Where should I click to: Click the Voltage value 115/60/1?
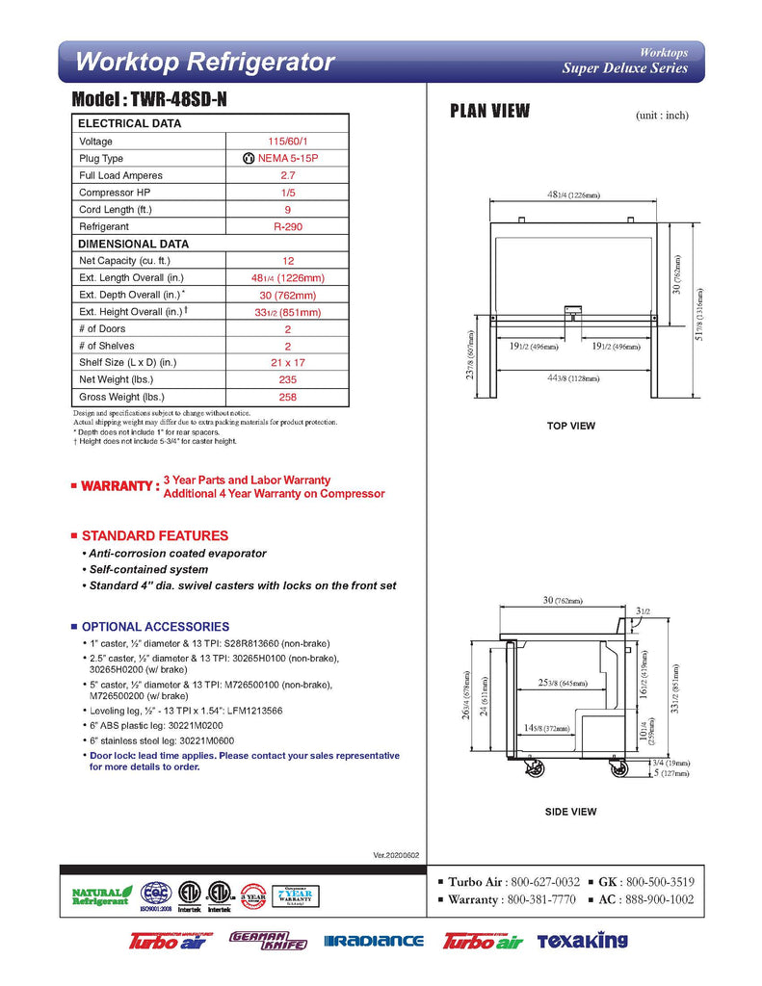click(287, 142)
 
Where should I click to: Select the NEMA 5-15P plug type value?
click(287, 158)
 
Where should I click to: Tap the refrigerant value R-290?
click(287, 226)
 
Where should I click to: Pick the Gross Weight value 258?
click(287, 397)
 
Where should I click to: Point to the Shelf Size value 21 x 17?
click(287, 363)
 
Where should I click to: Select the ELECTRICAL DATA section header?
click(129, 123)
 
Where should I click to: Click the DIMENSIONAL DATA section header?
click(133, 244)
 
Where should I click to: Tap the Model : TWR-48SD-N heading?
click(148, 100)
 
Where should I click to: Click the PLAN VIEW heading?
click(490, 111)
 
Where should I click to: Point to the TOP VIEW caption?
click(571, 426)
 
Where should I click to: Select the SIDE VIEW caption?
click(571, 812)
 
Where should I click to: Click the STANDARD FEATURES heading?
click(154, 535)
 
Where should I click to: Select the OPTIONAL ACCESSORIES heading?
click(155, 626)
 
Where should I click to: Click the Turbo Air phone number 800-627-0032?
click(545, 882)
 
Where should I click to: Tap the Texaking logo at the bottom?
click(582, 941)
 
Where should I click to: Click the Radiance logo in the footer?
click(374, 941)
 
